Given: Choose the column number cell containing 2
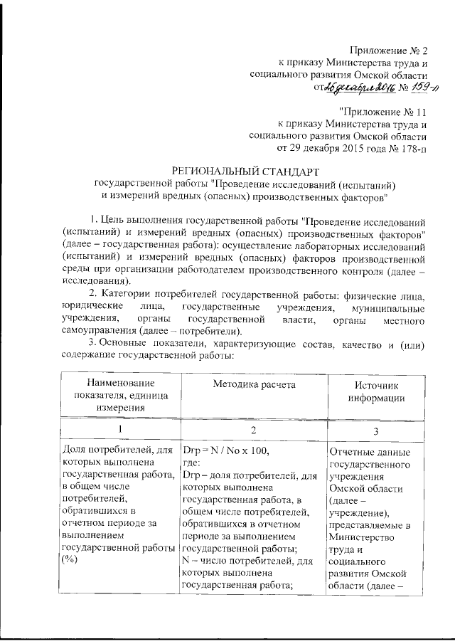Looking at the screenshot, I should click(254, 431).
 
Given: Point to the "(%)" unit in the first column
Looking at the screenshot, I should click(70, 561).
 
